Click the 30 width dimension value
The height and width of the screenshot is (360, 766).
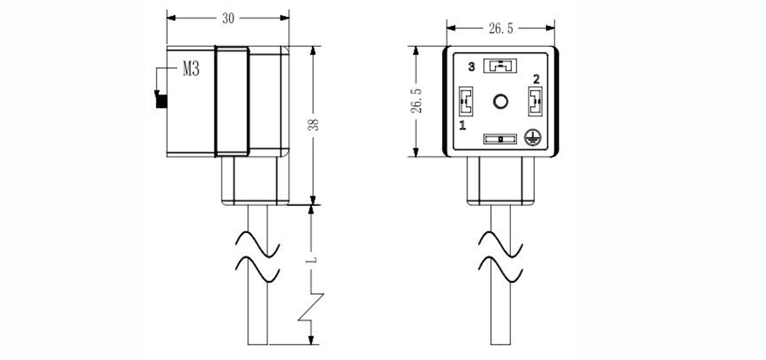click(x=228, y=18)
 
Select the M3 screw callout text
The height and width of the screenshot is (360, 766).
click(x=191, y=69)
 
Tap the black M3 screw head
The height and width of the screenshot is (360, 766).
click(x=161, y=100)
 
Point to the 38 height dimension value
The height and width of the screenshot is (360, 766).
click(x=315, y=125)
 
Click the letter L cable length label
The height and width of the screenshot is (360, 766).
click(x=313, y=260)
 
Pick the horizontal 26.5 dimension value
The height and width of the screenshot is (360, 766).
click(x=501, y=29)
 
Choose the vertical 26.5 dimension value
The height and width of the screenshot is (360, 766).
click(x=416, y=102)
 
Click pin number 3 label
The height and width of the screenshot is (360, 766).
click(x=471, y=67)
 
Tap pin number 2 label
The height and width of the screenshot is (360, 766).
click(x=536, y=79)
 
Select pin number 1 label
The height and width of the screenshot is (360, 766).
click(x=462, y=126)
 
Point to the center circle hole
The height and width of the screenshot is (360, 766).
click(x=500, y=102)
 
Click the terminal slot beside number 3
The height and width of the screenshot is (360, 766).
click(x=499, y=66)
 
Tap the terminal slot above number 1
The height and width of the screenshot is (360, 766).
click(x=466, y=102)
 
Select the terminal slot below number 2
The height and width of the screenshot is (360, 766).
click(x=535, y=102)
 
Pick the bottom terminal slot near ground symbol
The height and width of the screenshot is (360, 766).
click(x=499, y=139)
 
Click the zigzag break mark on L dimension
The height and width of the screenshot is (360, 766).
click(x=312, y=308)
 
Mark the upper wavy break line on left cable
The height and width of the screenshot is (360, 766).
click(x=258, y=244)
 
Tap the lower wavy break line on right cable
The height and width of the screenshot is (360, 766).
click(x=501, y=270)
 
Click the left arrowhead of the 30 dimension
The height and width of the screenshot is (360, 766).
click(x=171, y=18)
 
